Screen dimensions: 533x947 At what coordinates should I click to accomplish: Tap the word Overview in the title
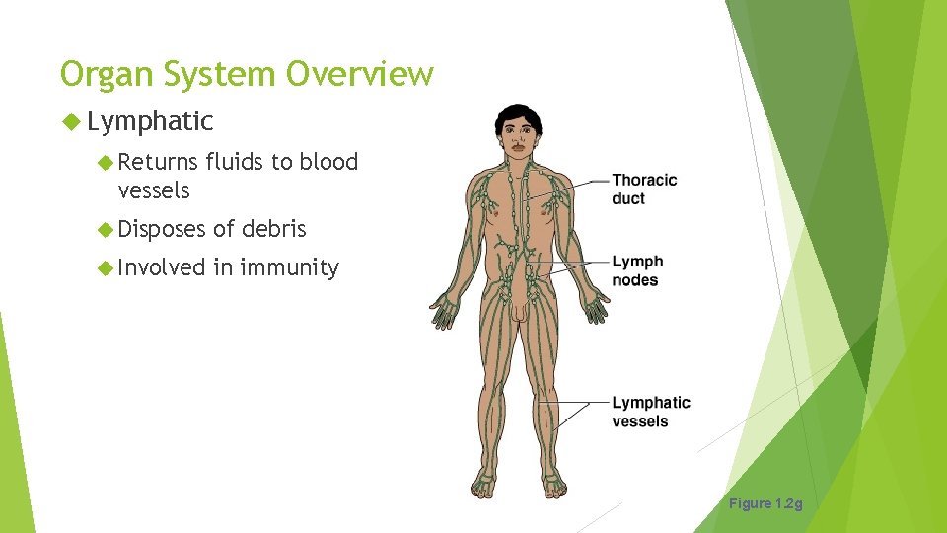360,74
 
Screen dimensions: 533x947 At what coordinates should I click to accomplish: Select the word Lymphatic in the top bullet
150,121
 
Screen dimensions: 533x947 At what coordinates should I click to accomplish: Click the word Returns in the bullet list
158,162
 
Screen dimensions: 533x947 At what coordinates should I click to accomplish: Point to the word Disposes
162,229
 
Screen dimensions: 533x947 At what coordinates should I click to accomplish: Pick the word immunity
291,267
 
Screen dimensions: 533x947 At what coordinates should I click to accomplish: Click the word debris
274,229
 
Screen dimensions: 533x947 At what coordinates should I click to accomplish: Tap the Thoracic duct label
644,189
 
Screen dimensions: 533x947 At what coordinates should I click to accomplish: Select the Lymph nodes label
637,270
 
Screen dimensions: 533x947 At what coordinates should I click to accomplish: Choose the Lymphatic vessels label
650,412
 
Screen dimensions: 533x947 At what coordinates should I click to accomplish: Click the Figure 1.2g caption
765,504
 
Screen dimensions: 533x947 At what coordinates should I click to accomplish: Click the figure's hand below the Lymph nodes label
595,310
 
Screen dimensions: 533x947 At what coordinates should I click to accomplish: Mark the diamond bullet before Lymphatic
70,122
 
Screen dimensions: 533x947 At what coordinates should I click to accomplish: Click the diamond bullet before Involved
108,267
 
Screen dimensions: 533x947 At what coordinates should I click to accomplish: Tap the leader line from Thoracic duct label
582,183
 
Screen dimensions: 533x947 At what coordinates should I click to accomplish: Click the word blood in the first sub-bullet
328,162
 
